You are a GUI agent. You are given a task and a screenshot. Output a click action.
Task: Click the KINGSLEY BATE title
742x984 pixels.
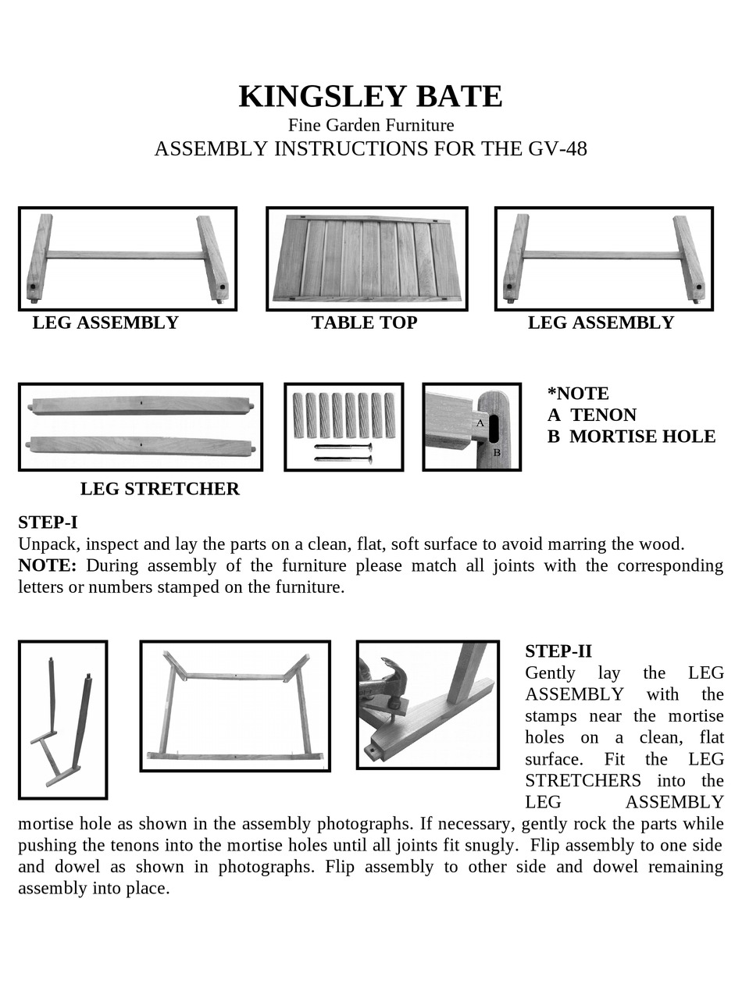(370, 97)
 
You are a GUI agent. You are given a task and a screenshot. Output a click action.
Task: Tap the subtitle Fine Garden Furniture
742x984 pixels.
(370, 125)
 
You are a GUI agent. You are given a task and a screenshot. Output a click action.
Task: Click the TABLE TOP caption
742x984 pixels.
(364, 323)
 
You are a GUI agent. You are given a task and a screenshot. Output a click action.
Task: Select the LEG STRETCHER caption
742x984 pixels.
(159, 489)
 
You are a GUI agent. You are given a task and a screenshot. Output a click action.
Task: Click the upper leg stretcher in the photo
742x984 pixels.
(141, 405)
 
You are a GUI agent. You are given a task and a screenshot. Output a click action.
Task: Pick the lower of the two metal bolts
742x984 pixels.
(343, 459)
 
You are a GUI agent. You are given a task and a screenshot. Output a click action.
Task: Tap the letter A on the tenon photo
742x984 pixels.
(480, 422)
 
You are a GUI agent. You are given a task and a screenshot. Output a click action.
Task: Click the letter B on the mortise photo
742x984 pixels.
(497, 452)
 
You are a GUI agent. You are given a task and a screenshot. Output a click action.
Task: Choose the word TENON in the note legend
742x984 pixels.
(603, 415)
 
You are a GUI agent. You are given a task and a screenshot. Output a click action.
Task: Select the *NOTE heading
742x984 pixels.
(578, 394)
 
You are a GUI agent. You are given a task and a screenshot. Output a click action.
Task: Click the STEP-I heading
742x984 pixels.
(48, 522)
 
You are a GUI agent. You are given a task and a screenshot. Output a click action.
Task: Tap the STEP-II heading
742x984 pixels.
(558, 651)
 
